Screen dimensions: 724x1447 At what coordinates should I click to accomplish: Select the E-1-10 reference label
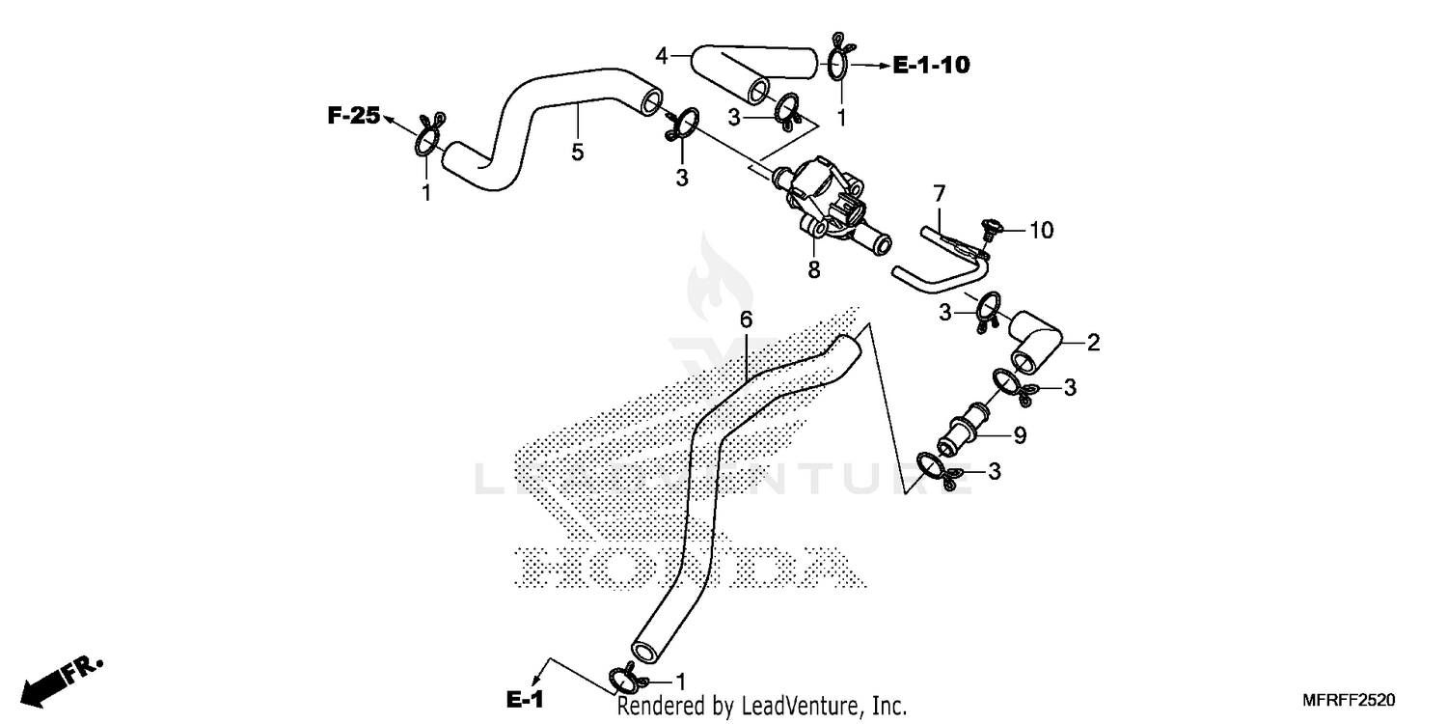[931, 65]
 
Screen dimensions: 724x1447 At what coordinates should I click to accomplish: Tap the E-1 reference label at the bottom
[525, 700]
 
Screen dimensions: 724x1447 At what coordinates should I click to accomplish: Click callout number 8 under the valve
[814, 270]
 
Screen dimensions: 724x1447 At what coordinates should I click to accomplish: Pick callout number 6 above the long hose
[746, 319]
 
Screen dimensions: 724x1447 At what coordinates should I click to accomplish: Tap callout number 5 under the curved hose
[577, 152]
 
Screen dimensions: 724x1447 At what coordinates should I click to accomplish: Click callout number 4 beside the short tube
[661, 56]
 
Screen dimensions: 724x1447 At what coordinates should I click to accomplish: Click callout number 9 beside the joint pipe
[1019, 435]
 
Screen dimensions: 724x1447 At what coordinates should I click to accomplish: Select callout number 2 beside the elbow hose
[1093, 342]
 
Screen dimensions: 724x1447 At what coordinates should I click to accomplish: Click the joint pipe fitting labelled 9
[968, 431]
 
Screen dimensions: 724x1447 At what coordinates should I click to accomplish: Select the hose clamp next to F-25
[428, 137]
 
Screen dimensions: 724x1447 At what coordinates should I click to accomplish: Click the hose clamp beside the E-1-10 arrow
[837, 60]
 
